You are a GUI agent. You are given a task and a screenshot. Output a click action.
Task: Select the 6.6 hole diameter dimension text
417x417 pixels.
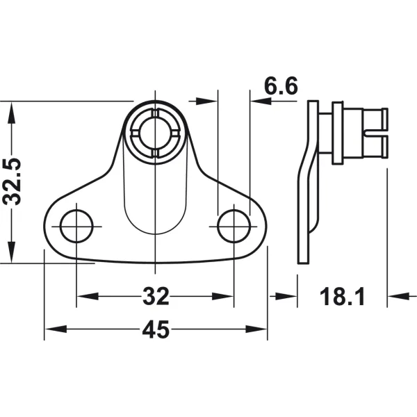point(281,86)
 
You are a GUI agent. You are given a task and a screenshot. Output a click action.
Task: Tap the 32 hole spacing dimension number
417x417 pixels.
point(156,296)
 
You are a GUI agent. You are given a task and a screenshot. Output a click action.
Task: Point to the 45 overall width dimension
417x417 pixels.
point(156,329)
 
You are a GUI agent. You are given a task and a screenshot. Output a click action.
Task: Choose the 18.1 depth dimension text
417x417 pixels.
point(342,296)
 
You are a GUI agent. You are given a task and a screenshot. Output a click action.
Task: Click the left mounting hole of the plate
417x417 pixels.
point(76,226)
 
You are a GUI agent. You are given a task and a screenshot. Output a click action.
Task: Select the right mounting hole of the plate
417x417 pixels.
point(234,226)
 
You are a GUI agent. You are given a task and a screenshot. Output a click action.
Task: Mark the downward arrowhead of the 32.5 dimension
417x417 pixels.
point(11,252)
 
